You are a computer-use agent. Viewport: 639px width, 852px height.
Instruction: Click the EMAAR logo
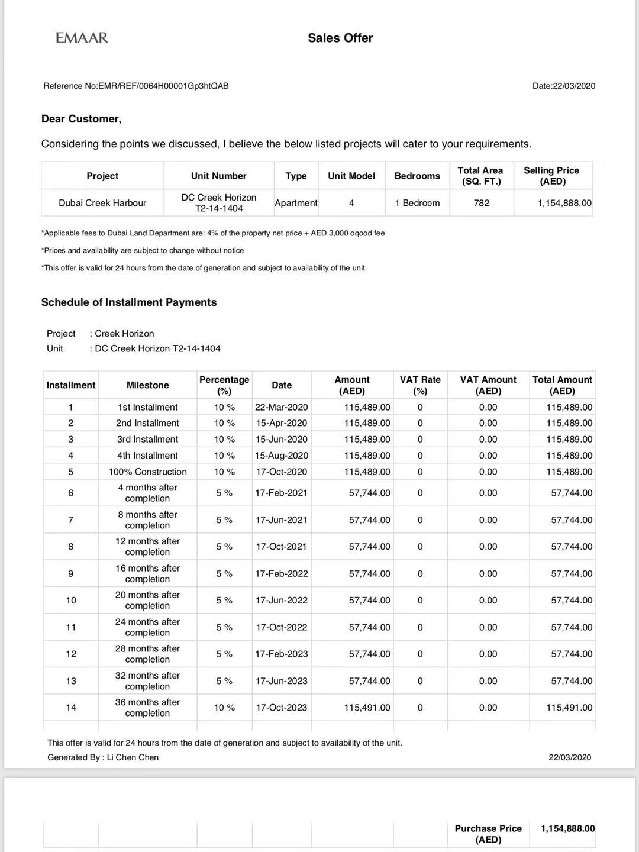pyautogui.click(x=82, y=38)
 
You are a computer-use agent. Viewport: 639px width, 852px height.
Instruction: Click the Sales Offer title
pyautogui.click(x=340, y=38)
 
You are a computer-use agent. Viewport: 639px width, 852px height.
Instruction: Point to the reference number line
pyautogui.click(x=136, y=86)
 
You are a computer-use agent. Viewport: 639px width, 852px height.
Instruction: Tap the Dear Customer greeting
pyautogui.click(x=81, y=119)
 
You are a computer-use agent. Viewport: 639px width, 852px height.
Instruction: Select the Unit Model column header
pyautogui.click(x=351, y=176)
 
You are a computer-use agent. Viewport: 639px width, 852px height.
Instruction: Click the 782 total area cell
pyautogui.click(x=482, y=203)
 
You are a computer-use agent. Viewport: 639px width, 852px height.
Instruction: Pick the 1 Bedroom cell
pyautogui.click(x=417, y=203)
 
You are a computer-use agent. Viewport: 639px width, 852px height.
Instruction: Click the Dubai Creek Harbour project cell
pyautogui.click(x=102, y=203)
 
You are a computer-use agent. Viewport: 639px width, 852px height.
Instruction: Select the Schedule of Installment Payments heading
pyautogui.click(x=129, y=302)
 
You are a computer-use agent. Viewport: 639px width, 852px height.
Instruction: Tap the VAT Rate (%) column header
pyautogui.click(x=420, y=385)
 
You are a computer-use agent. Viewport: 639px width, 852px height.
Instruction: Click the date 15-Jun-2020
pyautogui.click(x=282, y=439)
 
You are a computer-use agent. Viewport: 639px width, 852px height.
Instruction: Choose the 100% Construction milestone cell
pyautogui.click(x=147, y=472)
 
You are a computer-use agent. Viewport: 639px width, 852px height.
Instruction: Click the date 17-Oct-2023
pyautogui.click(x=282, y=708)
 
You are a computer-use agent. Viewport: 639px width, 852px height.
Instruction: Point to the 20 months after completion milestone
pyautogui.click(x=147, y=600)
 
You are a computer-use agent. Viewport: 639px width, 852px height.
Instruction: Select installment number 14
pyautogui.click(x=71, y=708)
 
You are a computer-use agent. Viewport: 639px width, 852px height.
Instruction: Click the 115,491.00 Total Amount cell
pyautogui.click(x=569, y=708)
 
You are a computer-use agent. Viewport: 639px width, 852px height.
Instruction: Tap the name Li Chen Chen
pyautogui.click(x=133, y=757)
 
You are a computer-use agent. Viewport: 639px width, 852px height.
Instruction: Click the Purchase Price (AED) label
pyautogui.click(x=488, y=834)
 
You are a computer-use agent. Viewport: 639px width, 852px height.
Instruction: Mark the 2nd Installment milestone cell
pyautogui.click(x=147, y=423)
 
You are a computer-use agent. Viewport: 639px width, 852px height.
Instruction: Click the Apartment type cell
pyautogui.click(x=296, y=203)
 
